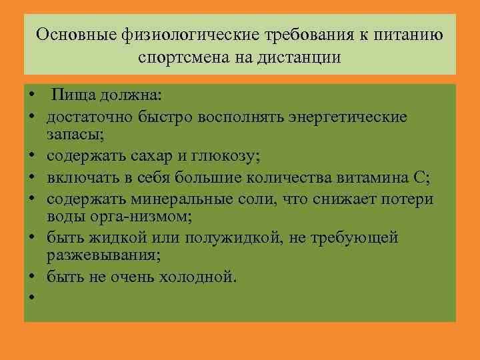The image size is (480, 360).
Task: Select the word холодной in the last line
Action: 197,276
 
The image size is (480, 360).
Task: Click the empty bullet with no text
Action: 31,297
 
